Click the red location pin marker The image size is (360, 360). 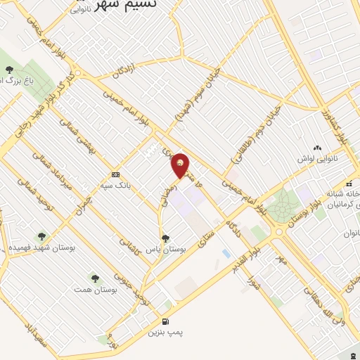181,165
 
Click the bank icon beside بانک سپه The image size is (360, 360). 115,174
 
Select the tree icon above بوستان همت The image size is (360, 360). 95,279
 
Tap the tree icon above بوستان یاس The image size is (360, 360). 165,239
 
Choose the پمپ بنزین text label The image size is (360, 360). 164,333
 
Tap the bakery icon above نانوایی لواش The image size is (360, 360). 317,148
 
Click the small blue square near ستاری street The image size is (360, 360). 226,252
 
